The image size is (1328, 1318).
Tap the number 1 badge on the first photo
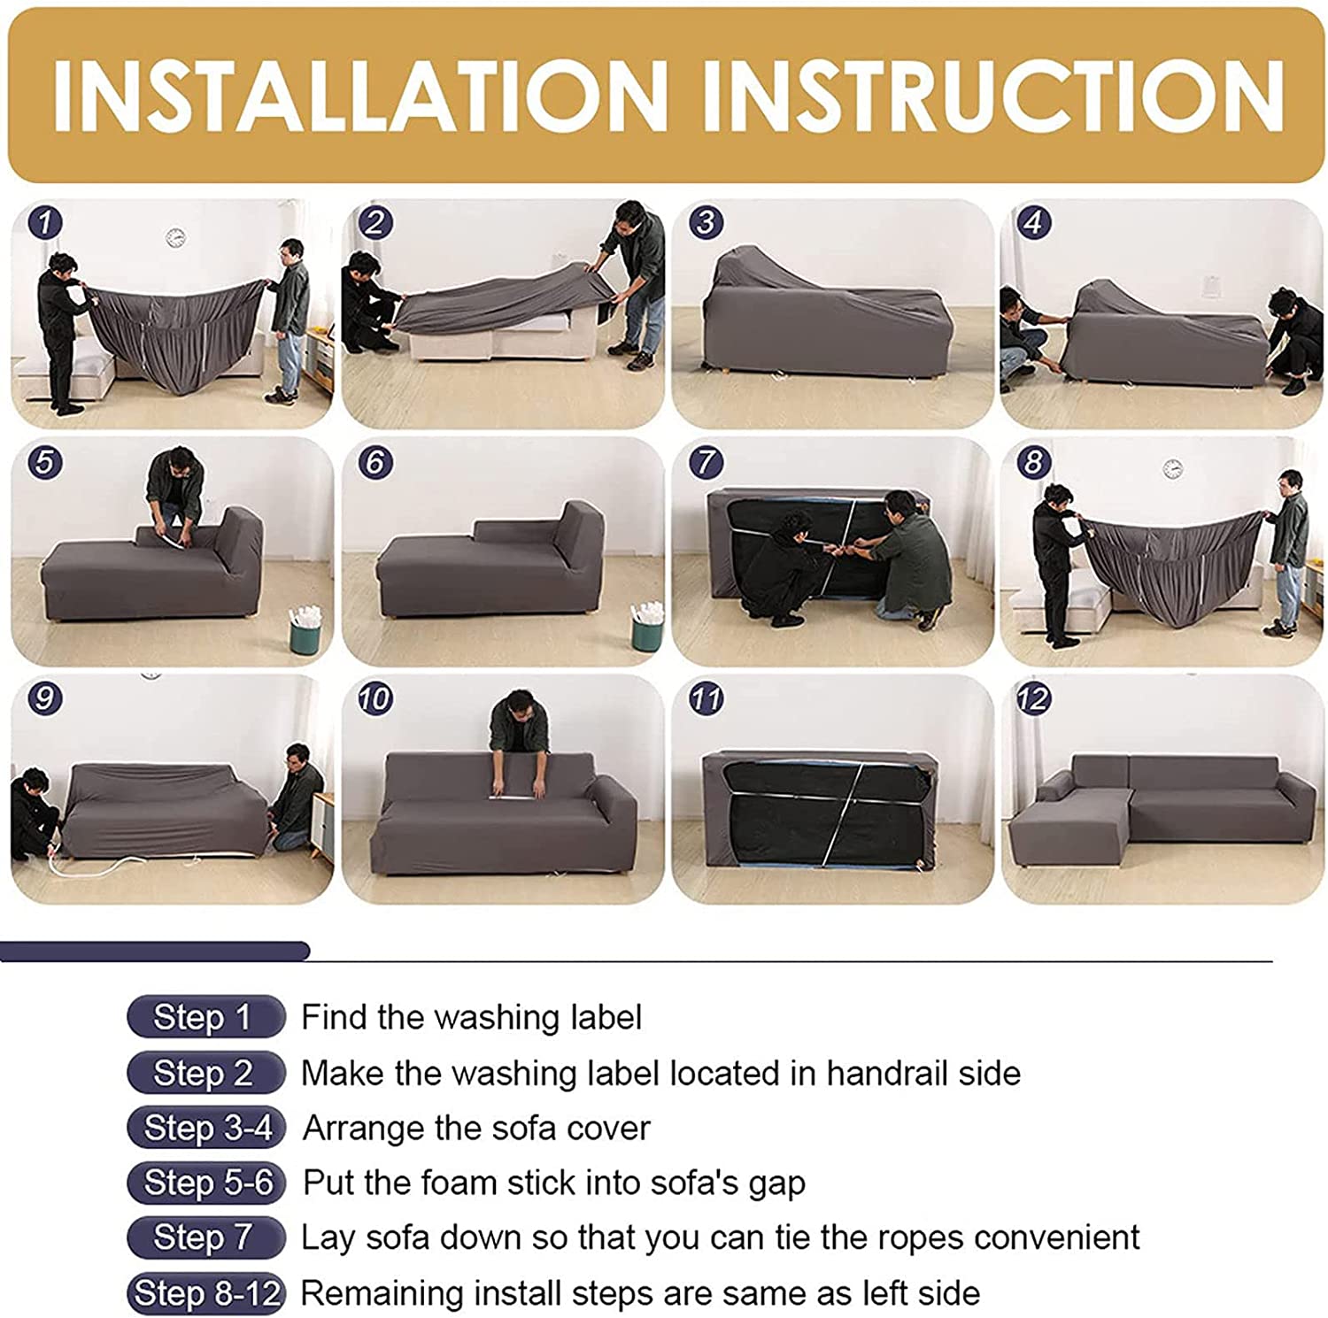(x=45, y=221)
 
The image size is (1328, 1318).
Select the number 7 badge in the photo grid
(x=706, y=461)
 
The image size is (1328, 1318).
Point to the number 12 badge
(x=1033, y=699)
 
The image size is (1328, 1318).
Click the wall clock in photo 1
(x=175, y=237)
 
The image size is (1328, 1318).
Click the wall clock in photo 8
(x=1173, y=469)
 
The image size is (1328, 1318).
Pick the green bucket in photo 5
(x=306, y=630)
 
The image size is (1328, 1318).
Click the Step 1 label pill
(x=205, y=1017)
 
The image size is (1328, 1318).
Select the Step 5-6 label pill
(x=206, y=1183)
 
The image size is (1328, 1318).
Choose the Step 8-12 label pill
(x=206, y=1293)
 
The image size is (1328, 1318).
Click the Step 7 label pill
(x=205, y=1237)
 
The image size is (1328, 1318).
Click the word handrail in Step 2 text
(x=888, y=1073)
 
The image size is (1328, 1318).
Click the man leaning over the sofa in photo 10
(x=519, y=735)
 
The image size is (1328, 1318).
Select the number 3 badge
(x=706, y=221)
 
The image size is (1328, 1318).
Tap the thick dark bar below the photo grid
(x=155, y=952)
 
